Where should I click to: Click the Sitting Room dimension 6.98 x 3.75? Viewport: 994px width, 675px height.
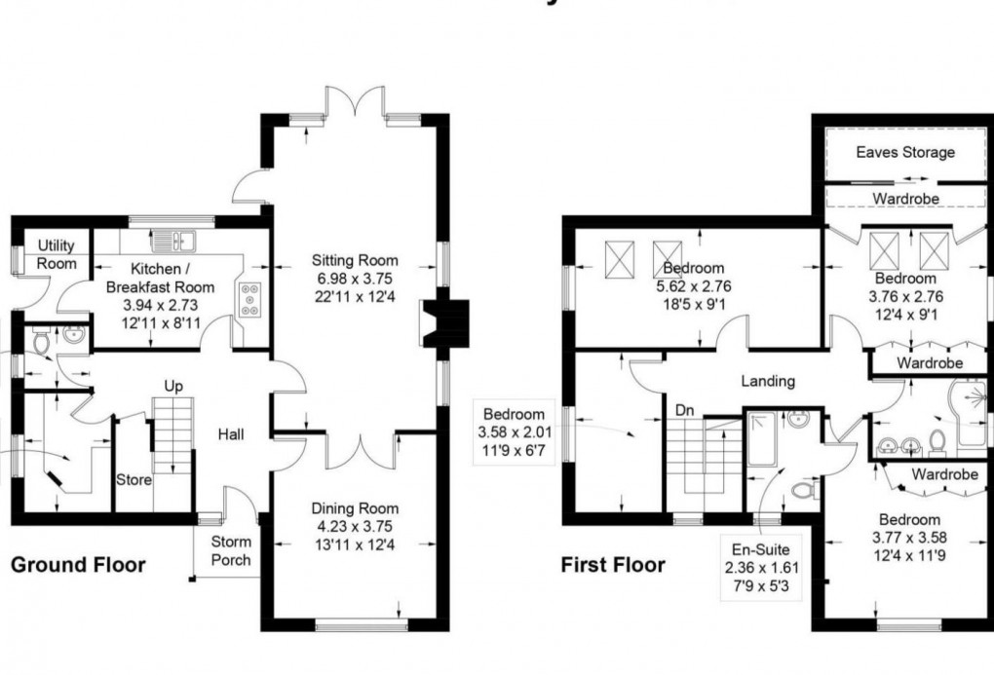[x=355, y=278]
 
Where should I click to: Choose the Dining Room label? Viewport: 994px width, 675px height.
[x=355, y=508]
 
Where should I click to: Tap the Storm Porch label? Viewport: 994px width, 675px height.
[x=231, y=550]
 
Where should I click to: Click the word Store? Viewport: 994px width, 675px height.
[x=134, y=479]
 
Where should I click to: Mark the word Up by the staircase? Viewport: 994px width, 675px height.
[x=173, y=387]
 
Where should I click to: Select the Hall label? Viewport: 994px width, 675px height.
[x=232, y=435]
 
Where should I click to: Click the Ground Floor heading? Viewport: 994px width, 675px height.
[x=78, y=565]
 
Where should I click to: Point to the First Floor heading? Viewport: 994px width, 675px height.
[x=613, y=565]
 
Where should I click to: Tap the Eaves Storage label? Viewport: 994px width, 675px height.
[x=905, y=152]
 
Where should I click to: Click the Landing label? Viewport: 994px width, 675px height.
[x=767, y=381]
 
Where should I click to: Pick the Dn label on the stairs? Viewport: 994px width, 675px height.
[x=685, y=411]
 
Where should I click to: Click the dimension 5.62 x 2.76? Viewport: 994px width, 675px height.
[x=693, y=285]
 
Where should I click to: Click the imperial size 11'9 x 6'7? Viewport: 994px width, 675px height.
[x=514, y=449]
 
